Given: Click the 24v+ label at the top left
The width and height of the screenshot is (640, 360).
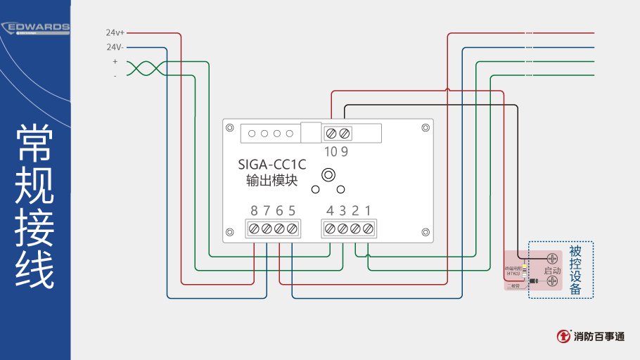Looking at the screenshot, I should pos(115,32).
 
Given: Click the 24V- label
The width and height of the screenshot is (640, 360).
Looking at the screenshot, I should pos(115,47).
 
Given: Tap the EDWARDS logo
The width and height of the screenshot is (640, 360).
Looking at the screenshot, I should pos(36,28).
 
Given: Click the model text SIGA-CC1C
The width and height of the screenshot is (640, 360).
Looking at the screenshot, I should pos(272,165).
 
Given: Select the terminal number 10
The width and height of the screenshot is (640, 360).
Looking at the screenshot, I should pos(331,151).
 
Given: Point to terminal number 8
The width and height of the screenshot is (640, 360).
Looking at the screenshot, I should pos(254,210).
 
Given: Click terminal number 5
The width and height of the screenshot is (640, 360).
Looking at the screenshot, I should pos(292,210).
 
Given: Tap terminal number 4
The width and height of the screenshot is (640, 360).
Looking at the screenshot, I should pos(330,210).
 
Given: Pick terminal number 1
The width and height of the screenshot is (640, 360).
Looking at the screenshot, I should pos(368,210).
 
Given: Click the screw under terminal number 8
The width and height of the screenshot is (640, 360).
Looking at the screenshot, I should pos(254,229).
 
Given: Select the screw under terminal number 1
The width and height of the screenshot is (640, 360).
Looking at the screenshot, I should pos(368,229).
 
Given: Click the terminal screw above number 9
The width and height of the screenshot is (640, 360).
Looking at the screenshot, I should pos(344,133).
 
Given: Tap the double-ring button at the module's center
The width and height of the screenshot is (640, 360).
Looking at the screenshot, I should pos(328,174).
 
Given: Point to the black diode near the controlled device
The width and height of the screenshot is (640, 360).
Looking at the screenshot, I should pos(532,282).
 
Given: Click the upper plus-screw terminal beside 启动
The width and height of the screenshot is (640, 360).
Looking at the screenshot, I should pos(552,259).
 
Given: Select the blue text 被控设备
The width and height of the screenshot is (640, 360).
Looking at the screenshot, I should pos(575,269).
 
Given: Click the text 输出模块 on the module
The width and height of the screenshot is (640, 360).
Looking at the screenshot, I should pos(272,180).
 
